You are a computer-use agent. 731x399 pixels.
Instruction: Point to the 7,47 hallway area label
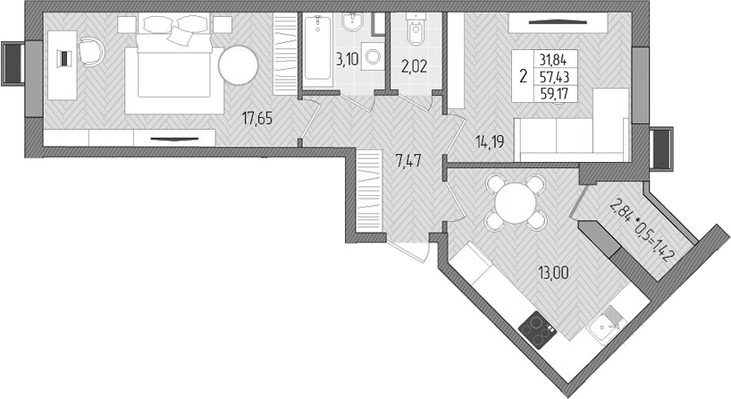(407, 161)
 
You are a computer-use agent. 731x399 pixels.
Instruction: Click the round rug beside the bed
(239, 65)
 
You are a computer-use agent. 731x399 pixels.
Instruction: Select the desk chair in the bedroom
(89, 49)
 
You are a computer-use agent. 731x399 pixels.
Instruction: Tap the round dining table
(513, 201)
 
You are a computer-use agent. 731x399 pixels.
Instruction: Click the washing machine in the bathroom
(372, 55)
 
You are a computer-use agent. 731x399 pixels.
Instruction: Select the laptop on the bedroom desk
(63, 58)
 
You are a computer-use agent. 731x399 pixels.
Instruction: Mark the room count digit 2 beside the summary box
(523, 76)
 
